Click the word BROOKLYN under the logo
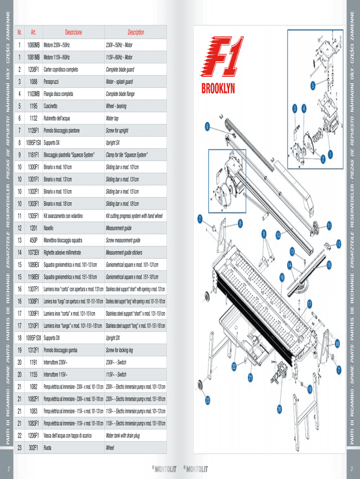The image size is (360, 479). (218, 88)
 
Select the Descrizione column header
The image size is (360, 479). (73, 32)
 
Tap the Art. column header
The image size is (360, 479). (34, 32)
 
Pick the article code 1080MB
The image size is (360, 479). (34, 45)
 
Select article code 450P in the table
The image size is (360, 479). (34, 240)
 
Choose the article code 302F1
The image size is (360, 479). (34, 448)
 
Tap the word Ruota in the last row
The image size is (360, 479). (48, 448)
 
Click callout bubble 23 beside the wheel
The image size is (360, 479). (208, 401)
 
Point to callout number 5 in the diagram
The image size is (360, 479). (313, 86)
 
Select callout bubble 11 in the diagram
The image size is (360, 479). (329, 226)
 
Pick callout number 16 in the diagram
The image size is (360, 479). (282, 277)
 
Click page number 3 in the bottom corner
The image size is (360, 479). (351, 469)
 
